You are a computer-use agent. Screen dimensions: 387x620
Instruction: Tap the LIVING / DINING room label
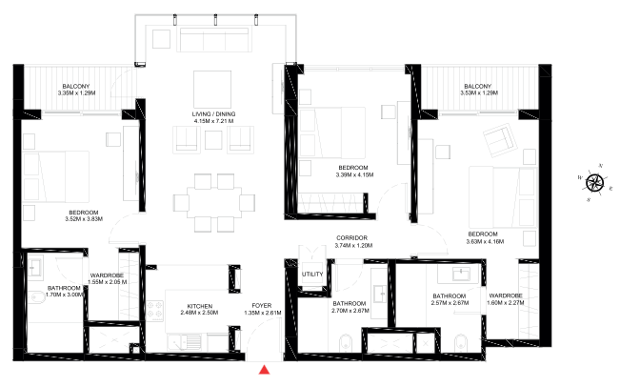pyautogui.click(x=213, y=115)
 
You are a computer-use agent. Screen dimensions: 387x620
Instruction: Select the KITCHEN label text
pyautogui.click(x=198, y=305)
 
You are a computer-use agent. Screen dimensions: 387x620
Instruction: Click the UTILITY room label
pyautogui.click(x=312, y=275)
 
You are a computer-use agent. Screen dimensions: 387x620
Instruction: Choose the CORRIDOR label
pyautogui.click(x=351, y=237)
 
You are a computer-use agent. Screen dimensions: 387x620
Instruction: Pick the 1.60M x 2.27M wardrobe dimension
pyautogui.click(x=506, y=304)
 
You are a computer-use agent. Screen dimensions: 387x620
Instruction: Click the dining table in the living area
pyautogui.click(x=214, y=202)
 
